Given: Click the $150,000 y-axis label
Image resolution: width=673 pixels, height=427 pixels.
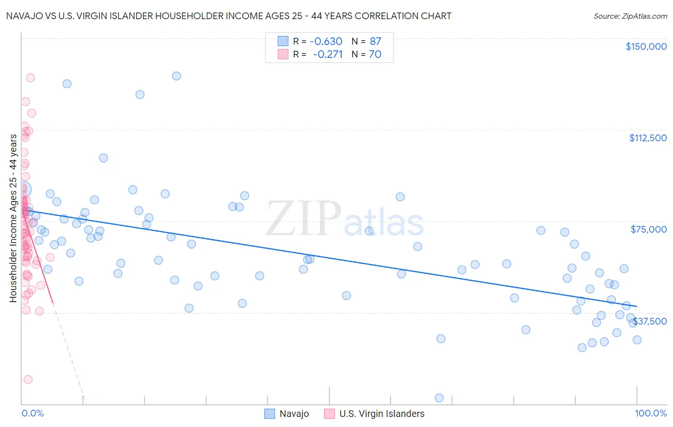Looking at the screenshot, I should tap(646, 46).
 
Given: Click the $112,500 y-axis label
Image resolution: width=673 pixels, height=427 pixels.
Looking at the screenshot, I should tap(648, 138).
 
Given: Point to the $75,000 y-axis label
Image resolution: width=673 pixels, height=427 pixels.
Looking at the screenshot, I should tap(649, 229).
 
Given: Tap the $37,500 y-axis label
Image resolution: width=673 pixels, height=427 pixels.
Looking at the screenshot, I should tap(650, 321).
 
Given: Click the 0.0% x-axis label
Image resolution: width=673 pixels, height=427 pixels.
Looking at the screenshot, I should tap(33, 414).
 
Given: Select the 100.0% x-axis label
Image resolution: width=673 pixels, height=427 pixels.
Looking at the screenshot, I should tap(651, 414).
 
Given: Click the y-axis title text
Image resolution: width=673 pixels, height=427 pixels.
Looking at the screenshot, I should tap(13, 218).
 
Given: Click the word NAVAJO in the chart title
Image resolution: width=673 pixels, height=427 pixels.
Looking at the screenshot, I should tap(23, 16).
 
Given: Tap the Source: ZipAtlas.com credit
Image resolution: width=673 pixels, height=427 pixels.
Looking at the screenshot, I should tap(630, 16).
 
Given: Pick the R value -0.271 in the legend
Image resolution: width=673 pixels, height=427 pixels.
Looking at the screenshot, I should tap(327, 55).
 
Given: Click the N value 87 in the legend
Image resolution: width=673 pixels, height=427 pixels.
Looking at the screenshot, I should tap(375, 42).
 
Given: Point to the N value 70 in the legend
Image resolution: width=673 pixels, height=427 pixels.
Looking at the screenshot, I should tap(375, 55).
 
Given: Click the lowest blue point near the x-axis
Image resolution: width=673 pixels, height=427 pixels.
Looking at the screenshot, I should tap(439, 398).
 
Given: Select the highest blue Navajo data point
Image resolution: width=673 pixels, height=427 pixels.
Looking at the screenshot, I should tap(176, 76).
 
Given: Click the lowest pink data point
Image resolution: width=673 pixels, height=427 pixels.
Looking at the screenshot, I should tap(28, 379).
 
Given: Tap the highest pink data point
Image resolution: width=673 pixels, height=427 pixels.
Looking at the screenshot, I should tap(30, 78).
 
